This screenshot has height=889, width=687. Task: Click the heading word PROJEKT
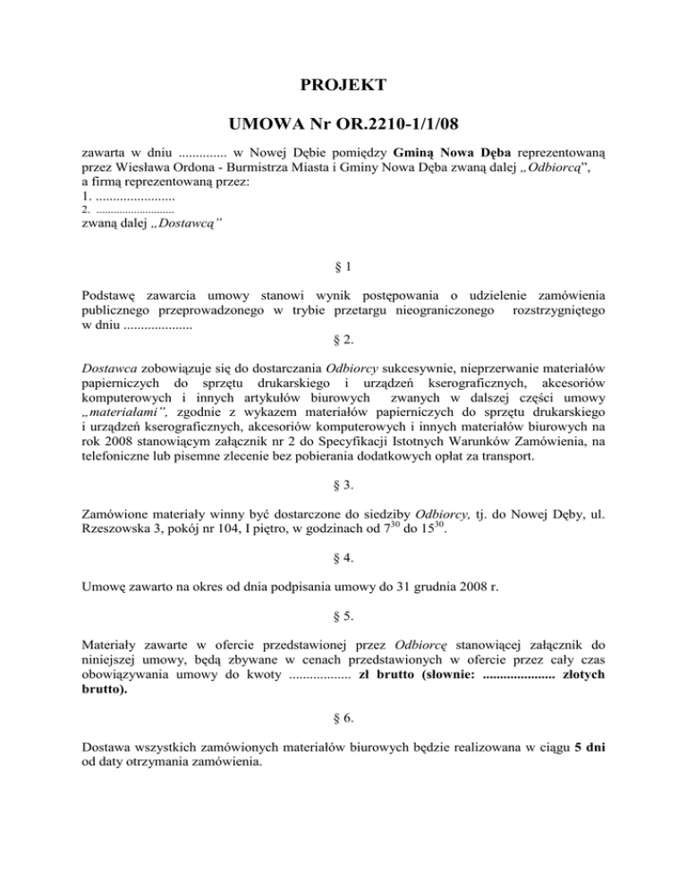click(343, 86)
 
